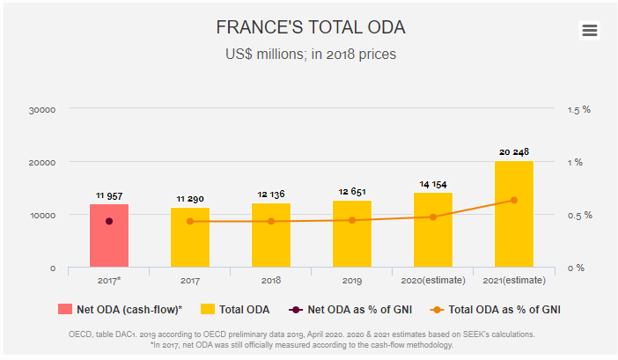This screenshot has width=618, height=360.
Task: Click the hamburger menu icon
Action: coord(589,30)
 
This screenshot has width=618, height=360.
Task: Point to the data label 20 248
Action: coord(514,151)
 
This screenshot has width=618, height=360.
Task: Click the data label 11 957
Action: coord(108,195)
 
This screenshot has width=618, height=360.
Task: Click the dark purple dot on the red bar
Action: coord(109,221)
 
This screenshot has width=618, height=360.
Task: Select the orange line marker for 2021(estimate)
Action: coord(514,200)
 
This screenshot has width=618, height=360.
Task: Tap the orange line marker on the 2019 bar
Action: coord(352,220)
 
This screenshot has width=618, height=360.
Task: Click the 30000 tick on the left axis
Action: coord(42,110)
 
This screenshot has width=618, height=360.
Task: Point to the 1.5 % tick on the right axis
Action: coord(578,110)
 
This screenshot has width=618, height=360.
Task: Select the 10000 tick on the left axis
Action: coord(42,216)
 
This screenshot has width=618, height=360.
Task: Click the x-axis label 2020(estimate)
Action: coord(433,280)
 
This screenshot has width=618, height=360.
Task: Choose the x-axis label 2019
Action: coord(352,280)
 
